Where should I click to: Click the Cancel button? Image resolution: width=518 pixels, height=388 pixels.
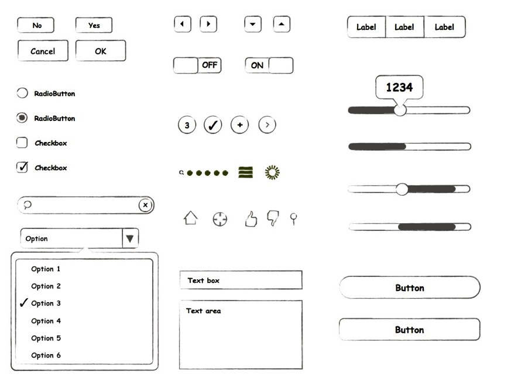pyautogui.click(x=43, y=51)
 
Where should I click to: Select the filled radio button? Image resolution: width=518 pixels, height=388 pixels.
pyautogui.click(x=22, y=117)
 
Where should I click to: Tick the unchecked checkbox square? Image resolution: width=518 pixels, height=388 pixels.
pyautogui.click(x=22, y=143)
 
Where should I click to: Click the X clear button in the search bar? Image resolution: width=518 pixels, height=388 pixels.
pyautogui.click(x=145, y=205)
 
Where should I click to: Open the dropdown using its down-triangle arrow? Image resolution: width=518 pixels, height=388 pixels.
pyautogui.click(x=130, y=238)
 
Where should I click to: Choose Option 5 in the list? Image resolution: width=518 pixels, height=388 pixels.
pyautogui.click(x=46, y=338)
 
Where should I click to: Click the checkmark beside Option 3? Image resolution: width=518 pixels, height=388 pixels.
pyautogui.click(x=23, y=302)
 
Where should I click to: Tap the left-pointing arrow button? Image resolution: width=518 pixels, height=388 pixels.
pyautogui.click(x=183, y=24)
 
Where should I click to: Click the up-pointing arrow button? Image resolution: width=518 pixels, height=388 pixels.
pyautogui.click(x=282, y=24)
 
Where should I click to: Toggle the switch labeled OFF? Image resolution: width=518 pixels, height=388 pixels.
pyautogui.click(x=197, y=65)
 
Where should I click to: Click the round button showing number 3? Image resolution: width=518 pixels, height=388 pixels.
pyautogui.click(x=187, y=125)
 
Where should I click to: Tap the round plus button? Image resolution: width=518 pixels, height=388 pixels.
pyautogui.click(x=239, y=125)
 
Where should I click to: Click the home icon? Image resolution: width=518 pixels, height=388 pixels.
pyautogui.click(x=191, y=218)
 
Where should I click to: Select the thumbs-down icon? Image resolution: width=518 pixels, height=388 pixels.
pyautogui.click(x=273, y=217)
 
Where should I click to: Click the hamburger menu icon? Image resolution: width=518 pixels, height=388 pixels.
pyautogui.click(x=245, y=172)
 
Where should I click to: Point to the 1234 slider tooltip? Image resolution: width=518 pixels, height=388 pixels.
pyautogui.click(x=399, y=87)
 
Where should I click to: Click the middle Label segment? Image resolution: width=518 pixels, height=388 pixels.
pyautogui.click(x=404, y=27)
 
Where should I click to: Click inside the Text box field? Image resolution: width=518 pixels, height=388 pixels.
pyautogui.click(x=241, y=280)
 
